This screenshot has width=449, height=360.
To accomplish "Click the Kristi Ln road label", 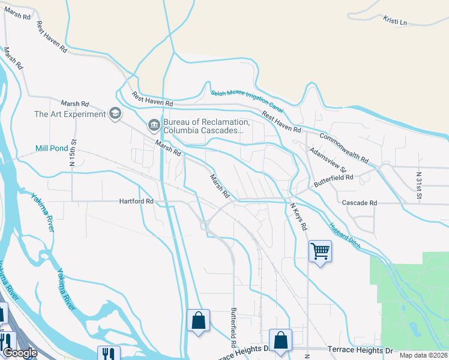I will click(x=395, y=22).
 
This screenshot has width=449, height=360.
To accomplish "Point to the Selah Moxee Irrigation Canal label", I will click(x=247, y=100).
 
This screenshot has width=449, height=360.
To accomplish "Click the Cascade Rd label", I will click(x=359, y=203).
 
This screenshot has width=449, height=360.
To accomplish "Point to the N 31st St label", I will click(x=419, y=185).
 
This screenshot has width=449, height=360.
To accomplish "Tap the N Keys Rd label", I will click(x=298, y=217).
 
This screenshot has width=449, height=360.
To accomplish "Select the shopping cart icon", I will click(x=320, y=251).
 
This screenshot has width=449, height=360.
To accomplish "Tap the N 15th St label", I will click(x=74, y=153).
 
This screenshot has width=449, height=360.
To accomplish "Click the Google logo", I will click(x=20, y=353).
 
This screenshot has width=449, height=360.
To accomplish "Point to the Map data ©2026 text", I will click(x=423, y=355).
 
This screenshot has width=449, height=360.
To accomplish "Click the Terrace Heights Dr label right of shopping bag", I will click(x=360, y=349).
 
